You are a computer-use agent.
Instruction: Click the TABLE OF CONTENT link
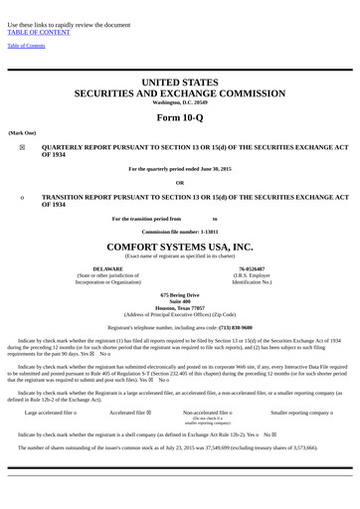tap(41, 31)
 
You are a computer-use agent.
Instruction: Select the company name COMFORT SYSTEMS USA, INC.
tap(180, 246)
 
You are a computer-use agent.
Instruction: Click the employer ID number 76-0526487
tap(252, 268)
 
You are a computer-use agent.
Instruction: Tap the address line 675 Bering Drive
tap(180, 294)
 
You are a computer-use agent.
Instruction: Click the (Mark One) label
tap(22, 132)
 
